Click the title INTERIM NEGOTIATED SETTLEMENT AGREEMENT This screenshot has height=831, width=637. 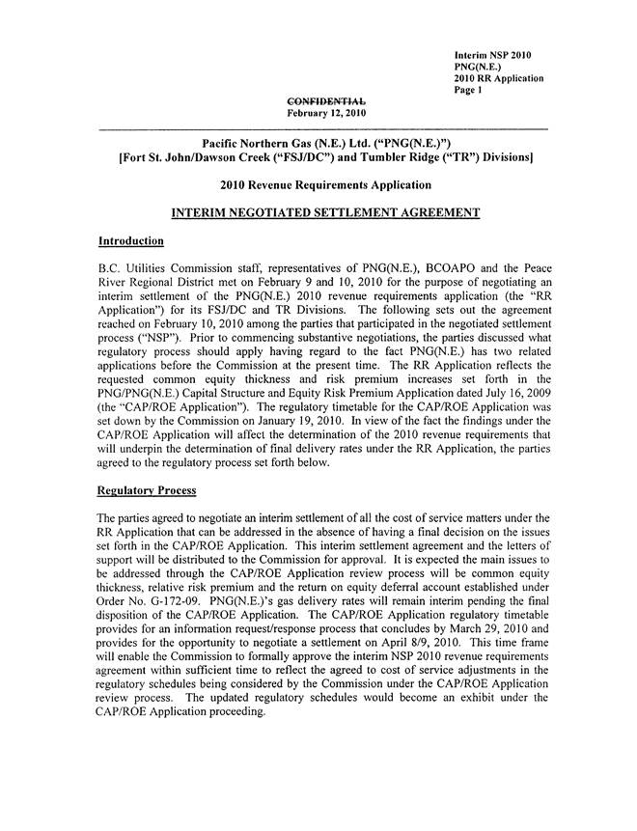coord(323,211)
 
